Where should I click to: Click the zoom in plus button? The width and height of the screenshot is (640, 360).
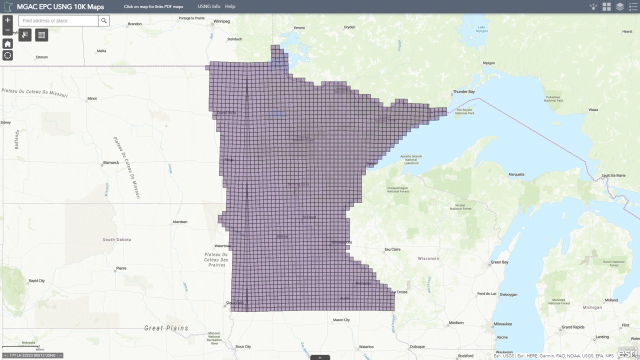coord(7,20)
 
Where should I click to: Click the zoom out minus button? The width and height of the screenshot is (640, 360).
coord(7,30)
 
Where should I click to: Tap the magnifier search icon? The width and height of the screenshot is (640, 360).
coord(104,20)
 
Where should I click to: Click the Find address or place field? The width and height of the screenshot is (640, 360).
coord(58,20)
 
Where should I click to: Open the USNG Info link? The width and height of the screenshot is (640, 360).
coord(209,6)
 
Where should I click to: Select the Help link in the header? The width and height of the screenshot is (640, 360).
coord(230,6)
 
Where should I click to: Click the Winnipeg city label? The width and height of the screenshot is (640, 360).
coord(221,21)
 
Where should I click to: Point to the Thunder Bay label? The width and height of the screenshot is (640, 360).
coord(463,92)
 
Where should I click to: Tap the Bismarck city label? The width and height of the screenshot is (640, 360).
coord(111,162)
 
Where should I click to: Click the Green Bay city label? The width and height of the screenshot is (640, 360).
coord(499,262)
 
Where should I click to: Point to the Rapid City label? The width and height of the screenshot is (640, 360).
coord(36,280)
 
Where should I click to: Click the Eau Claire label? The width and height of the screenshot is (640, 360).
coord(392,249)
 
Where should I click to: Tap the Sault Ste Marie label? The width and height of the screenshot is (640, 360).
coord(613,175)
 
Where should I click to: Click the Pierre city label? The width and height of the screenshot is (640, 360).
coord(121,268)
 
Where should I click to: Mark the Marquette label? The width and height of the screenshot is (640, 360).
coord(516,174)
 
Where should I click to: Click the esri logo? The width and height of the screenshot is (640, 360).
coord(627,353)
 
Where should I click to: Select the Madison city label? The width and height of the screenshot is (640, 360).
coord(456,323)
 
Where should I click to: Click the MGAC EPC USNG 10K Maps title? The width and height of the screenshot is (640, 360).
coord(60,7)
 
